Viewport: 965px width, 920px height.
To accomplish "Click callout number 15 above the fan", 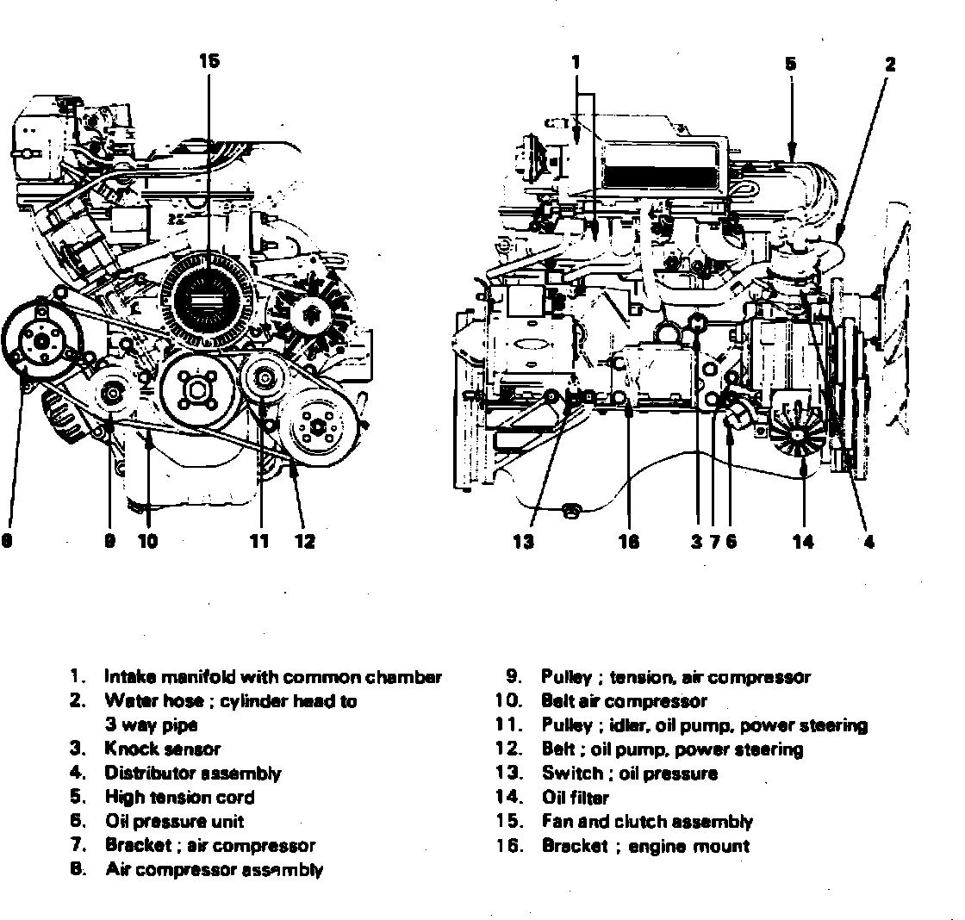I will [209, 60].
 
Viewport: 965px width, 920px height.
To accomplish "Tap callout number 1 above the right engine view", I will [576, 62].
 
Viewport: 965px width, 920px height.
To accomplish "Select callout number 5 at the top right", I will [790, 63].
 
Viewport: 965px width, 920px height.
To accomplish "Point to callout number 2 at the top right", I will [890, 63].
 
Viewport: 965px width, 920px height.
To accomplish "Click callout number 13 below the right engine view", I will [523, 541].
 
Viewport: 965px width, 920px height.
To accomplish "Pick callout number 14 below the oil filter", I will [803, 541].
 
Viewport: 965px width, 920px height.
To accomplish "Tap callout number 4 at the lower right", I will [868, 541].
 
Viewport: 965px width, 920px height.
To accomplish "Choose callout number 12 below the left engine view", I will [303, 541].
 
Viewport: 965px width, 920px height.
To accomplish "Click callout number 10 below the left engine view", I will [147, 541].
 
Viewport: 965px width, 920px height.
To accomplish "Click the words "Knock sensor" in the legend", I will [162, 749].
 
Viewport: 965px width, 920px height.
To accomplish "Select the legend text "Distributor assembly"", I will [192, 773].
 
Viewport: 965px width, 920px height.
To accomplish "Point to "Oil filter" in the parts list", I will [575, 797].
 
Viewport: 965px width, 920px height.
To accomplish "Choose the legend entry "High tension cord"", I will [179, 797].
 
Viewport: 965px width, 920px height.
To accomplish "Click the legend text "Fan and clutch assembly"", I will [646, 821].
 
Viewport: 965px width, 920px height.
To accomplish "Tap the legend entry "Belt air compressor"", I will [624, 701].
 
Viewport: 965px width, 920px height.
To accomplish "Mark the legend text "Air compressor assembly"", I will [214, 869].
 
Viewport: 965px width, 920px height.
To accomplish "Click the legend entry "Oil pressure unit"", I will [174, 821].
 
